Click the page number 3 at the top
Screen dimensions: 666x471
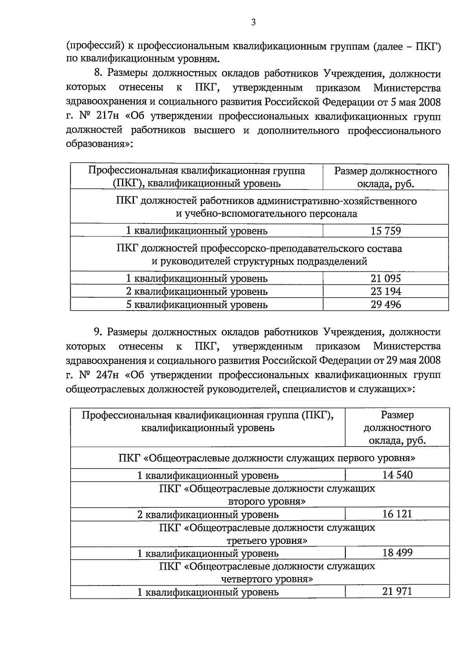(x=254, y=23)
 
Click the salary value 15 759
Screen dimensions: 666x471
(x=385, y=231)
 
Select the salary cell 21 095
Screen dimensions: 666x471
(x=385, y=278)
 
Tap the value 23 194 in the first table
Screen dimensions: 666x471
(x=385, y=291)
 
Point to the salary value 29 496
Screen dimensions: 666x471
(x=385, y=304)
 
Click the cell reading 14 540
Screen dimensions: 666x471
(x=397, y=475)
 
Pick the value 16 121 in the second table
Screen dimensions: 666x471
(x=397, y=514)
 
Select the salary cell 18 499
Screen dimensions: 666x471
(x=397, y=553)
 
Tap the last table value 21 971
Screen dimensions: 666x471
(x=397, y=591)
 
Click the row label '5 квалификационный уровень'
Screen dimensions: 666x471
(x=197, y=304)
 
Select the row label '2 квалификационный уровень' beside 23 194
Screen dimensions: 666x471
(x=197, y=291)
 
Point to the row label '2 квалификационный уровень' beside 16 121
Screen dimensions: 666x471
(x=208, y=514)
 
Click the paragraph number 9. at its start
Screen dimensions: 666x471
(x=98, y=332)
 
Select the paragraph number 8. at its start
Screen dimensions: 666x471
(x=98, y=74)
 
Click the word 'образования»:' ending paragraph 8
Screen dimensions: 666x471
(x=100, y=144)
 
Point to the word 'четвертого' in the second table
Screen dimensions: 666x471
(x=245, y=579)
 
